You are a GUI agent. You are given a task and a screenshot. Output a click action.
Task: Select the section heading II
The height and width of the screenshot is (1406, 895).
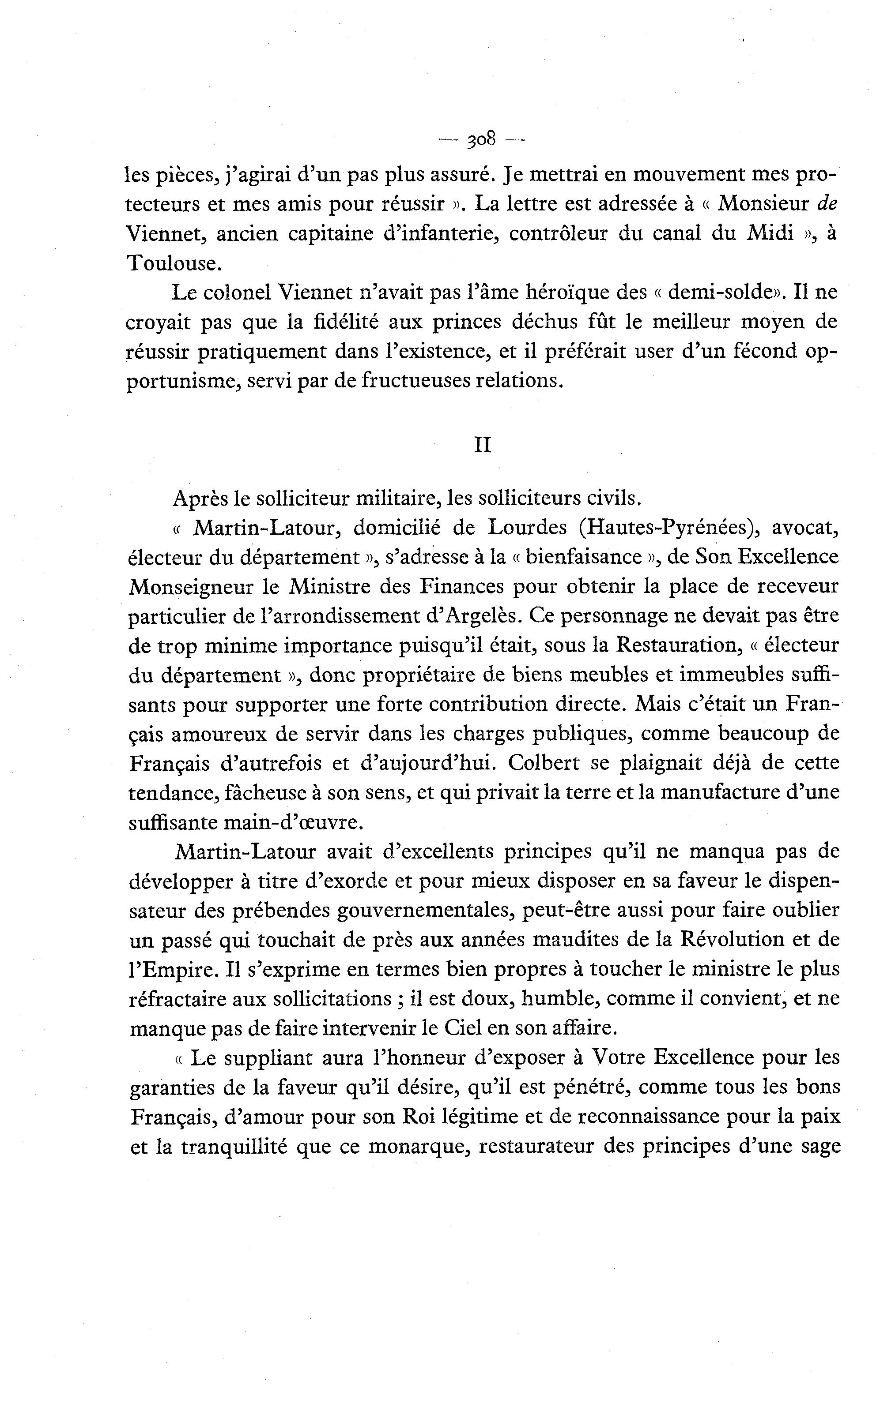pyautogui.click(x=482, y=445)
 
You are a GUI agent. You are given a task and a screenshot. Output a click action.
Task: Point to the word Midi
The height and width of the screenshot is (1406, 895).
pyautogui.click(x=770, y=233)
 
